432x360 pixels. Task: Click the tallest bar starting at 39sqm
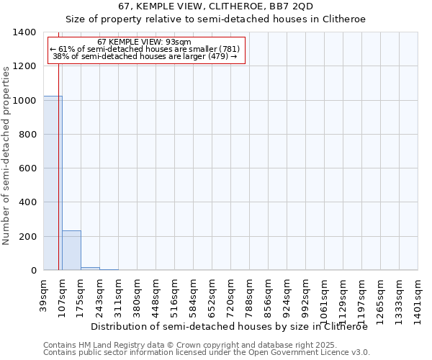[53, 183]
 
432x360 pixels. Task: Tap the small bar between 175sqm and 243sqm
[90, 269]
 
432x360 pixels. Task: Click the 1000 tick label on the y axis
[25, 101]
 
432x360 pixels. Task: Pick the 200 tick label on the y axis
[28, 237]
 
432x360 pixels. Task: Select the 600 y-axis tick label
[28, 168]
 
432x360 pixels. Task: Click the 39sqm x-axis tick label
[44, 294]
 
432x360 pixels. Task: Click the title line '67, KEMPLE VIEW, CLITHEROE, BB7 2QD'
[216, 6]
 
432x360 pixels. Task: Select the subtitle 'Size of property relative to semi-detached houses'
[216, 19]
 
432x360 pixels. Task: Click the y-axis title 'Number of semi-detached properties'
[7, 155]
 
